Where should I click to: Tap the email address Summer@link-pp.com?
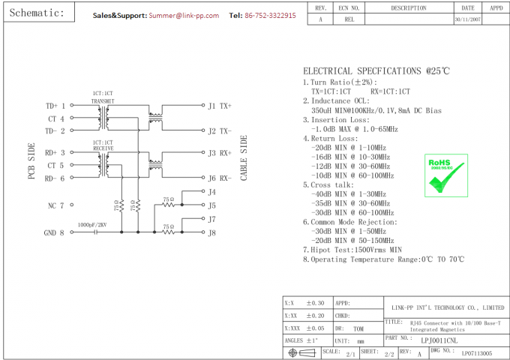click(x=184, y=15)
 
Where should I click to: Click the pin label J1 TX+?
click(x=220, y=106)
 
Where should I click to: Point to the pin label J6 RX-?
click(x=220, y=178)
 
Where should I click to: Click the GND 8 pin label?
click(x=54, y=232)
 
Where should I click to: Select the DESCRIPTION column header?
click(x=408, y=8)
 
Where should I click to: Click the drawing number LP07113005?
click(x=477, y=352)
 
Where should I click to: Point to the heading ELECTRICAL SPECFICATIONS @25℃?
click(x=376, y=70)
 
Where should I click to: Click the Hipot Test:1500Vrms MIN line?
click(x=352, y=249)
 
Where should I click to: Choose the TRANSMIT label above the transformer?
click(x=103, y=100)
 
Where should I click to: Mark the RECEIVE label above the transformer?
click(x=103, y=147)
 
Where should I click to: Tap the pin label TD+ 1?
click(x=55, y=106)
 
